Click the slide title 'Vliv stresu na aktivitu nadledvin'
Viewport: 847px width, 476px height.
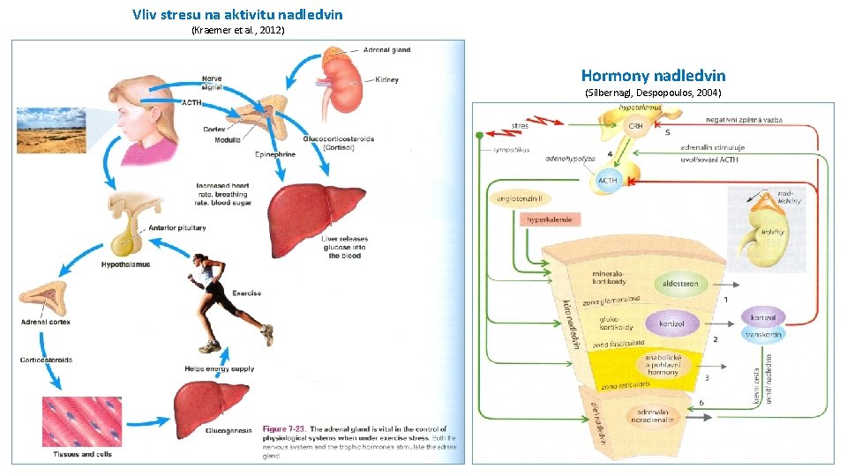tap(237, 14)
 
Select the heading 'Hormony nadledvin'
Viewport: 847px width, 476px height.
tap(653, 76)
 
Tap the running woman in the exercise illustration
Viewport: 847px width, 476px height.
tap(224, 291)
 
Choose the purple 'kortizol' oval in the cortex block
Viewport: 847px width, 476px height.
tap(671, 324)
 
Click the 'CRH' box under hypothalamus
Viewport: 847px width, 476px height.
tap(635, 126)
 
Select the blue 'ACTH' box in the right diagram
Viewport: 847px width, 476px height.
tap(608, 181)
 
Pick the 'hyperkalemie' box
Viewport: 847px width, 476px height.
tap(550, 219)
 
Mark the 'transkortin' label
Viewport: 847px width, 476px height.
tap(762, 335)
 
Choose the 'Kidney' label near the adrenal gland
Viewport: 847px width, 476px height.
tap(386, 80)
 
